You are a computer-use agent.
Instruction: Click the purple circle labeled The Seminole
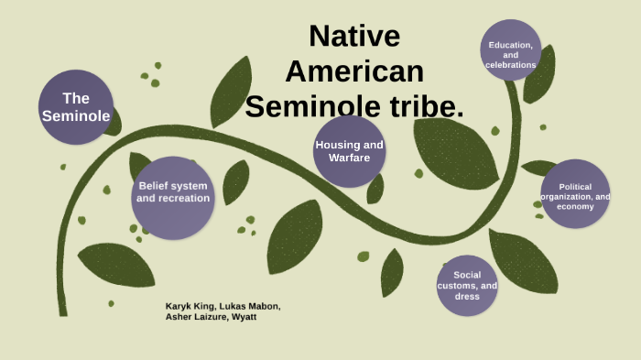click(76, 107)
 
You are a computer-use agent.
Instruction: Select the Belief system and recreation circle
click(173, 197)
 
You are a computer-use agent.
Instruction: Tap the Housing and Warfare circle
click(349, 151)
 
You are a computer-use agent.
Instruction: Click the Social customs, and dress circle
click(467, 285)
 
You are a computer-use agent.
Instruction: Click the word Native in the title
click(354, 36)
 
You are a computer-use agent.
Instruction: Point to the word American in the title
click(354, 71)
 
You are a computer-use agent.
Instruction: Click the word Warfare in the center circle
click(349, 158)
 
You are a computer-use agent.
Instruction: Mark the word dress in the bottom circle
click(467, 297)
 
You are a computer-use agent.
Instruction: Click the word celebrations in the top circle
click(511, 65)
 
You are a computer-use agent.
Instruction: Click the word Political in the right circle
click(575, 187)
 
